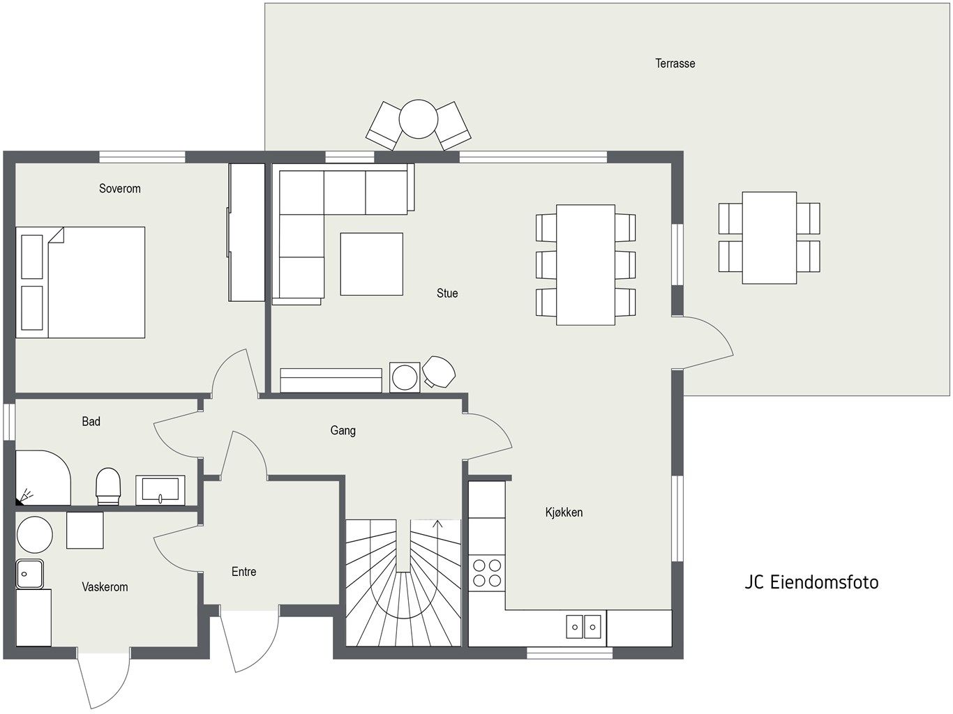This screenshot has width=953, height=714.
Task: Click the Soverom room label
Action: [x=119, y=188]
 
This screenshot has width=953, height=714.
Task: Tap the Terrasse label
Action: [x=675, y=63]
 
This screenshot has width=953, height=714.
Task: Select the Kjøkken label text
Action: [x=564, y=512]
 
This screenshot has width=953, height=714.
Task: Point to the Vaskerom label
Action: [x=105, y=587]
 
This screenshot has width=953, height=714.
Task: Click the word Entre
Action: [x=243, y=572]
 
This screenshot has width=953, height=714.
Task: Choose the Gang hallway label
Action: [x=343, y=431]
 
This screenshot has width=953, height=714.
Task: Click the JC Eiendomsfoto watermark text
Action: [x=811, y=582]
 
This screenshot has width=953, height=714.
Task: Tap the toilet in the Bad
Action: [x=108, y=485]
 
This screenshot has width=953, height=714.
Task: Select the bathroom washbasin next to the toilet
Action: [x=160, y=489]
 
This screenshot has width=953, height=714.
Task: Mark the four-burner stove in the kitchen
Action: [x=487, y=572]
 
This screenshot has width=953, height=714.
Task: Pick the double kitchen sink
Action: [x=583, y=626]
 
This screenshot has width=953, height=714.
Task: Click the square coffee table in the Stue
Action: [x=371, y=264]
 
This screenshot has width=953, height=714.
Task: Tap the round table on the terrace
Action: [x=418, y=120]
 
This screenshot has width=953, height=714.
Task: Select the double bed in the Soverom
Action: [x=81, y=282]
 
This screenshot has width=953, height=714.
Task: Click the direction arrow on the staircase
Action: [x=437, y=525]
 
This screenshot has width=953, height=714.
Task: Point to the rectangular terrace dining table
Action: [x=769, y=238]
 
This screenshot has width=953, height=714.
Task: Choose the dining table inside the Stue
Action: [x=585, y=265]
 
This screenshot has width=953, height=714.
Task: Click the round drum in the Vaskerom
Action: [x=35, y=535]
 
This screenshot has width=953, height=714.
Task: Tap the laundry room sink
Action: [x=29, y=574]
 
